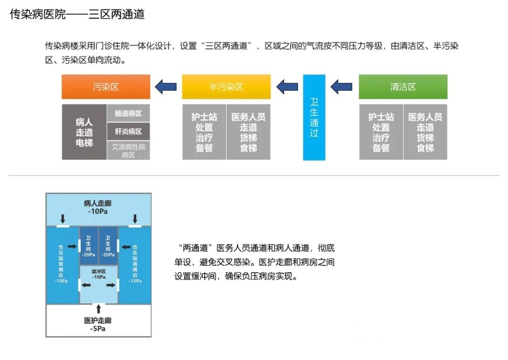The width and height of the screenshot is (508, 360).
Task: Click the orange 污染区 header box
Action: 106,87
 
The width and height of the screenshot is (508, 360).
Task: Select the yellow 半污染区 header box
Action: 226,87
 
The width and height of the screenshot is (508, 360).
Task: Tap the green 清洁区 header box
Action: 403,87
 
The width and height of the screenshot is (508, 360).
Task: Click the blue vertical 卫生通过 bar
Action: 314,117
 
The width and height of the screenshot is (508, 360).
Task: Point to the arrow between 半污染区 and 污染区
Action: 166,86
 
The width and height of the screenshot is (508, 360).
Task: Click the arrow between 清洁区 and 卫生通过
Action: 341,86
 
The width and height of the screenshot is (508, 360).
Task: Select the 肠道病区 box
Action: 128,113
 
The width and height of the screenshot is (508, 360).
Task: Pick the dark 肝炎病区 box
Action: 128,132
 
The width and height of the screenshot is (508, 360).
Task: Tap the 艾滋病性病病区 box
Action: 128,150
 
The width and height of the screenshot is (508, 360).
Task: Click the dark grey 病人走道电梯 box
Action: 84,132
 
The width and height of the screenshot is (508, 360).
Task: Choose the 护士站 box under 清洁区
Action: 381,132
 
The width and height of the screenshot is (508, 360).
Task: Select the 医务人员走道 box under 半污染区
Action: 248,132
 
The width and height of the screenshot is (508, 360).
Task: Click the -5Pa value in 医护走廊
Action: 98,329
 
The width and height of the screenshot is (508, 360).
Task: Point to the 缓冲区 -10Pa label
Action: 98,274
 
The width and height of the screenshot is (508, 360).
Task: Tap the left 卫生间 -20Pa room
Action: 88,246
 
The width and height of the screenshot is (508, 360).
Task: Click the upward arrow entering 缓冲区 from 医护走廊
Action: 98,308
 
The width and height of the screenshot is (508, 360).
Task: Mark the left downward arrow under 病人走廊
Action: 63,219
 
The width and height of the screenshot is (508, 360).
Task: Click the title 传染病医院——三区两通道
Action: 77,14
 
